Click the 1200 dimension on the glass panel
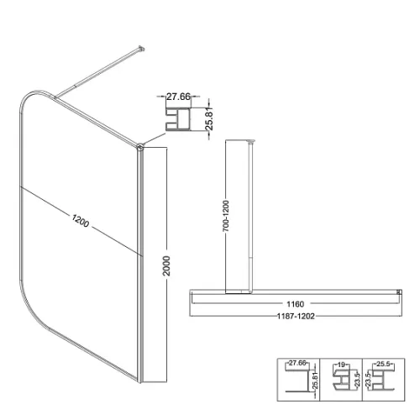click(x=81, y=221)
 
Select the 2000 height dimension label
click(x=166, y=265)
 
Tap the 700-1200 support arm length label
click(x=226, y=216)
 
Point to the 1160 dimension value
click(x=296, y=304)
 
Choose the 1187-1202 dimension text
click(x=296, y=316)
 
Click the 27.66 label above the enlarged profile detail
click(x=178, y=97)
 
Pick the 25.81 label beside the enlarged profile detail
click(x=209, y=119)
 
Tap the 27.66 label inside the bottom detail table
click(x=297, y=363)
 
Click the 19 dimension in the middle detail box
click(x=341, y=365)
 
